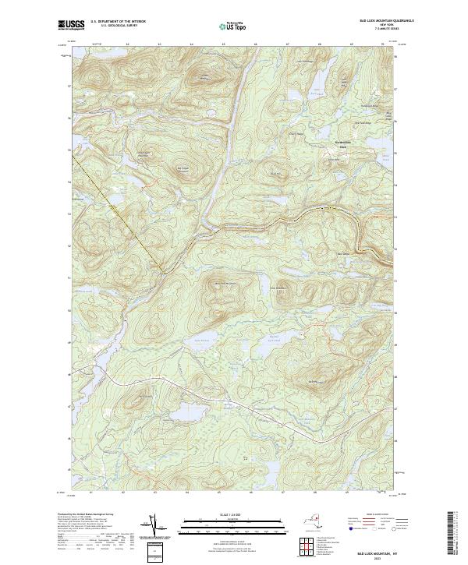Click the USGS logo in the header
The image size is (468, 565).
pos(72,24)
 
